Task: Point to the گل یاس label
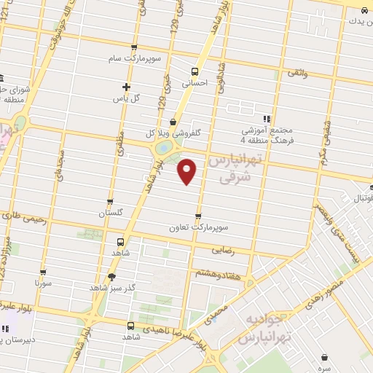(x=148, y=98)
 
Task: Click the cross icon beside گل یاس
(x=126, y=87)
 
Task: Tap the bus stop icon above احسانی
(x=195, y=71)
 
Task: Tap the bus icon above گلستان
(x=110, y=202)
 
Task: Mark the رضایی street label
(x=223, y=249)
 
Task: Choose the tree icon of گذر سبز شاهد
(x=111, y=276)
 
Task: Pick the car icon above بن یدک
(x=363, y=9)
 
